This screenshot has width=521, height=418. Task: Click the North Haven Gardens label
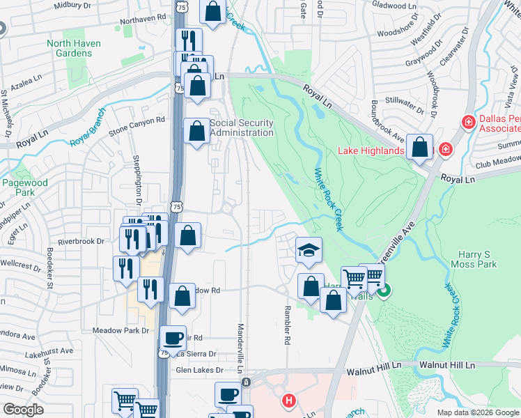pyautogui.click(x=74, y=48)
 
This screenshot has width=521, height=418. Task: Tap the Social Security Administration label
pyautogui.click(x=242, y=128)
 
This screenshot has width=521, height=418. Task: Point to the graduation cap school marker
pyautogui.click(x=309, y=249)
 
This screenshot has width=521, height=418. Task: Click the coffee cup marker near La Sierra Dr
pyautogui.click(x=173, y=339)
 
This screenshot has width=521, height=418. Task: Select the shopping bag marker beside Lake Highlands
pyautogui.click(x=420, y=148)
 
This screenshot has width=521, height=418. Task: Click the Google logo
pyautogui.click(x=23, y=410)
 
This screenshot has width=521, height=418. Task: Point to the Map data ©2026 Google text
pyautogui.click(x=478, y=412)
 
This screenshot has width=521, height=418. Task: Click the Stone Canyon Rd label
pyautogui.click(x=137, y=120)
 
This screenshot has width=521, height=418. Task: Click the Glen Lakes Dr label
pyautogui.click(x=199, y=370)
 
